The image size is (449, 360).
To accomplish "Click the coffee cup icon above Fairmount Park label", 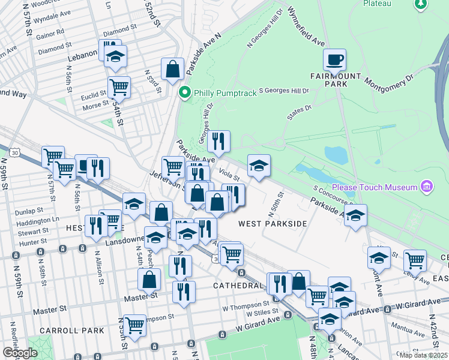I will click(x=334, y=59).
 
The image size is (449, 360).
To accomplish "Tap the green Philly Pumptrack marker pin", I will click(x=185, y=92).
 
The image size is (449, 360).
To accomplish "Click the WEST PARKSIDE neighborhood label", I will click(x=273, y=224).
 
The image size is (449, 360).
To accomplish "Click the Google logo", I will click(x=20, y=353).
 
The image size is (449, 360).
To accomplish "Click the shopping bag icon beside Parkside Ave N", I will click(x=172, y=68).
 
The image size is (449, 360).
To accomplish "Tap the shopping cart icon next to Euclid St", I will click(x=119, y=87).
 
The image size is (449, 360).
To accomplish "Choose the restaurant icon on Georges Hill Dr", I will click(x=219, y=141).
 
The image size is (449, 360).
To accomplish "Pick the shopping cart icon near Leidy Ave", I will click(x=415, y=260).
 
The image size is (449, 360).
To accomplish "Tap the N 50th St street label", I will click(x=280, y=203).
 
